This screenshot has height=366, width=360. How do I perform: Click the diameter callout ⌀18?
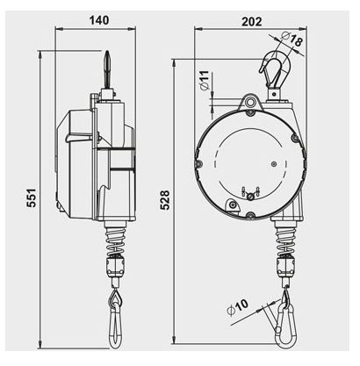coord(295,40)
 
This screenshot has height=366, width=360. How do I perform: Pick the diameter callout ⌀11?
coord(203,85)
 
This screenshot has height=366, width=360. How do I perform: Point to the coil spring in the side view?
coord(114,236)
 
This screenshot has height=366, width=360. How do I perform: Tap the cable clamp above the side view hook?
coord(114,265)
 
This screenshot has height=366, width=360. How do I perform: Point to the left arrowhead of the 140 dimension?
coord(58,26)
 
